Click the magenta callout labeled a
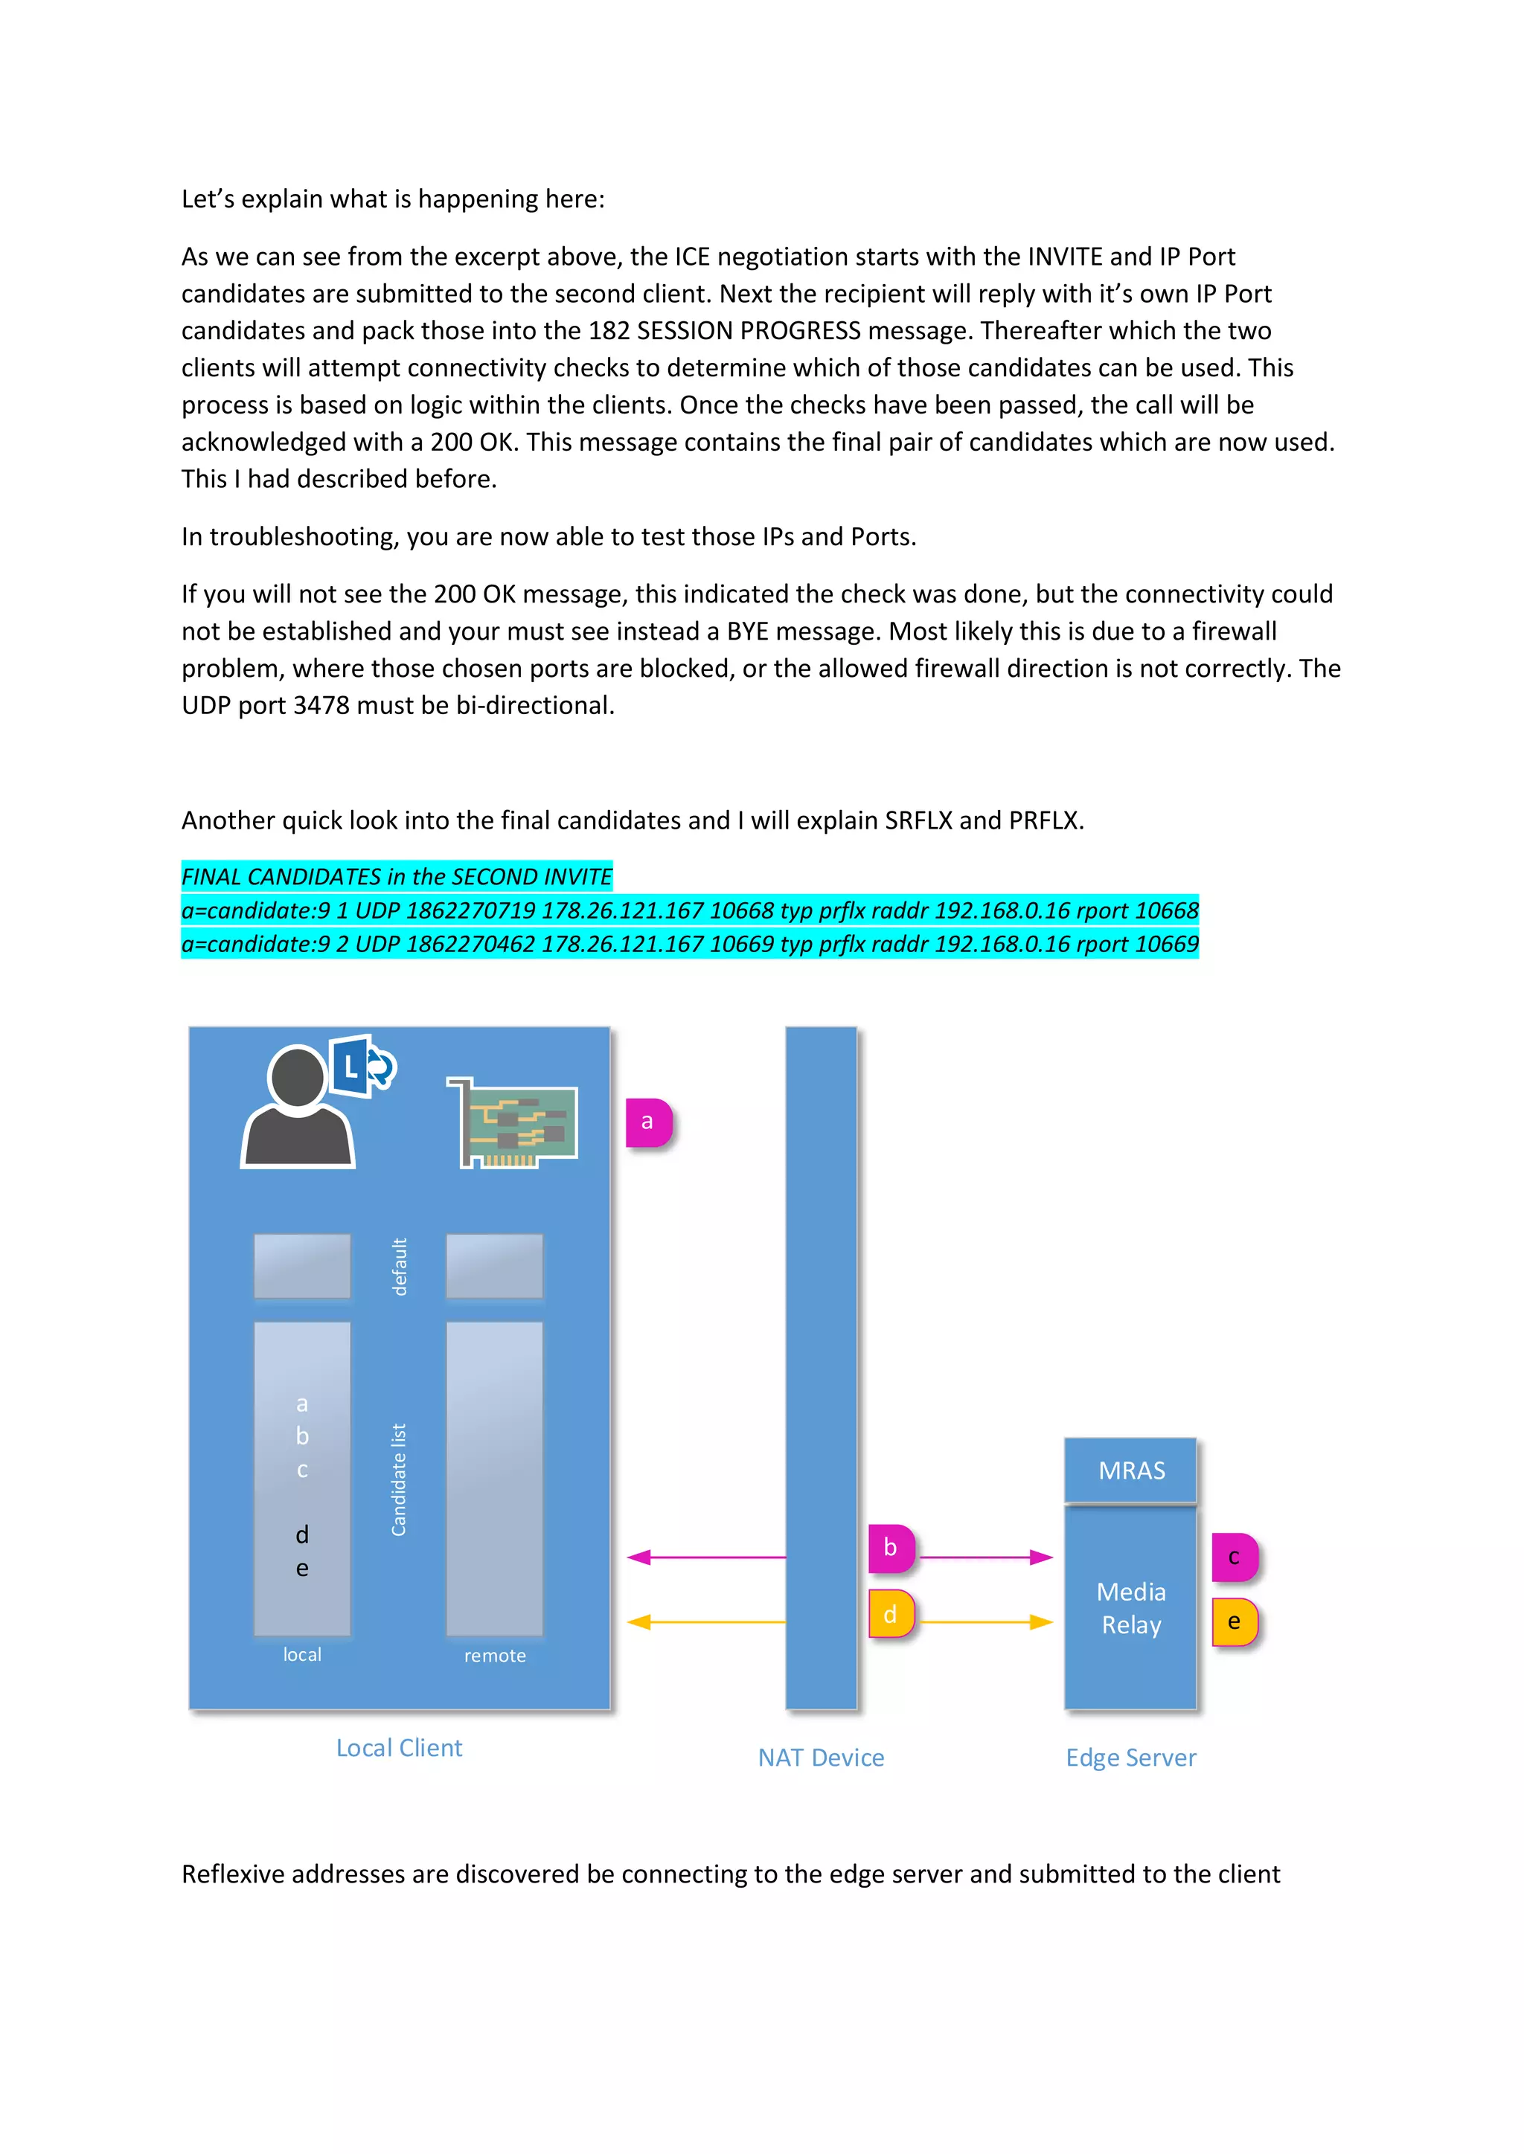click(648, 1122)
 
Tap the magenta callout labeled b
click(891, 1548)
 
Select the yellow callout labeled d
click(891, 1613)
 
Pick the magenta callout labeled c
click(1234, 1557)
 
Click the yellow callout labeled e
click(1234, 1622)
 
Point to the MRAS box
click(1131, 1470)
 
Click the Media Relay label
click(1131, 1608)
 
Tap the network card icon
click(514, 1123)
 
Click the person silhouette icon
click(298, 1110)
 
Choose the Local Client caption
click(399, 1748)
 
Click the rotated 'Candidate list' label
click(399, 1479)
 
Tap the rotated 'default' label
click(400, 1267)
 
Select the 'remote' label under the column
click(495, 1656)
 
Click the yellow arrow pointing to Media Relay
click(984, 1622)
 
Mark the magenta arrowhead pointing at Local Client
click(639, 1557)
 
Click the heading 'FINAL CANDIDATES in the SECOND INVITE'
click(396, 876)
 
